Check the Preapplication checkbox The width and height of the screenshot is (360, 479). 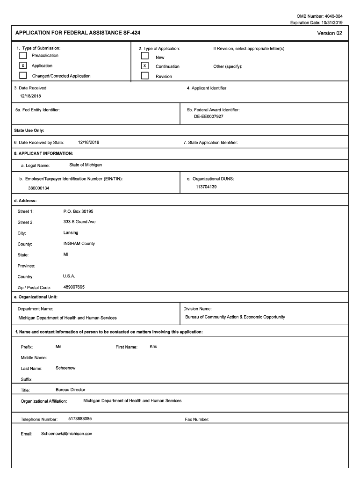[23, 56]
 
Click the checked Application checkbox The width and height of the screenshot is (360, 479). [23, 65]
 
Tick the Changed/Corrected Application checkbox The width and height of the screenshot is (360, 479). [23, 76]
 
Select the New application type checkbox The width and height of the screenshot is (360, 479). [145, 56]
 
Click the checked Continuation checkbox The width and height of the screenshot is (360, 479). [145, 66]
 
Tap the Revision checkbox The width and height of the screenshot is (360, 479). [145, 76]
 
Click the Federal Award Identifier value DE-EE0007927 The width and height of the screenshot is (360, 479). [209, 116]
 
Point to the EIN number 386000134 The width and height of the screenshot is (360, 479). [39, 188]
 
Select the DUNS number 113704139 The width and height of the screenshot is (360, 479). [206, 187]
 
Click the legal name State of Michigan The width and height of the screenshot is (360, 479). [86, 165]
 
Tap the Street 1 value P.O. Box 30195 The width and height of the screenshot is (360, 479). [78, 211]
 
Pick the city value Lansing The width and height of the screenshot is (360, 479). [71, 232]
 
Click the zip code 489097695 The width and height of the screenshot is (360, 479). [74, 287]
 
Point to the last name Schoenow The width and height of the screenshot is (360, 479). [65, 368]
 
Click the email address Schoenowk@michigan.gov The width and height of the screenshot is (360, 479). [64, 434]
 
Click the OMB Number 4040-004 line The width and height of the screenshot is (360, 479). [323, 16]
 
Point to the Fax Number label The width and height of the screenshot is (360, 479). [197, 420]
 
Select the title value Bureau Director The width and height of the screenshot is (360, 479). [71, 390]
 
